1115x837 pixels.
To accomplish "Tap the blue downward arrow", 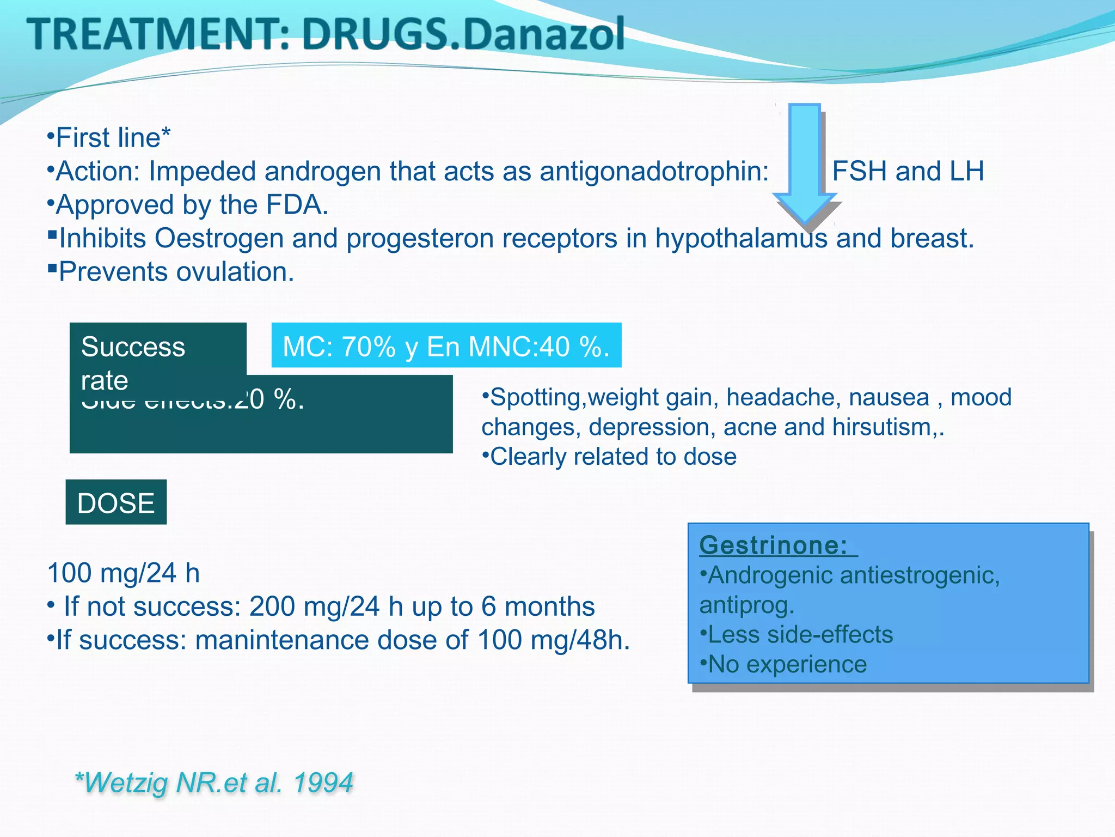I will point(805,163).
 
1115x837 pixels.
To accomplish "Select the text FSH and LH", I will point(908,171).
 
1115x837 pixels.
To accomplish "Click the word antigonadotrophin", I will point(654,171).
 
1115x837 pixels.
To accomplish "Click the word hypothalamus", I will point(741,239).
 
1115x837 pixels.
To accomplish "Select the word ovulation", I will point(234,272).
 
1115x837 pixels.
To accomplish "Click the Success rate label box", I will point(158,349).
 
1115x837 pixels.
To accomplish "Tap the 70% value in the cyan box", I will point(369,347).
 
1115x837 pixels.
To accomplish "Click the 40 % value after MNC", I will point(574,347).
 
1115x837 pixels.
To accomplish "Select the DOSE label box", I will point(116,502).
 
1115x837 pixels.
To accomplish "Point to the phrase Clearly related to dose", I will point(613,457).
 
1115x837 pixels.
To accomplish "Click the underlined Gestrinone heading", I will point(773,545).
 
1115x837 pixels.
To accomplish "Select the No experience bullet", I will point(787,664).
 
